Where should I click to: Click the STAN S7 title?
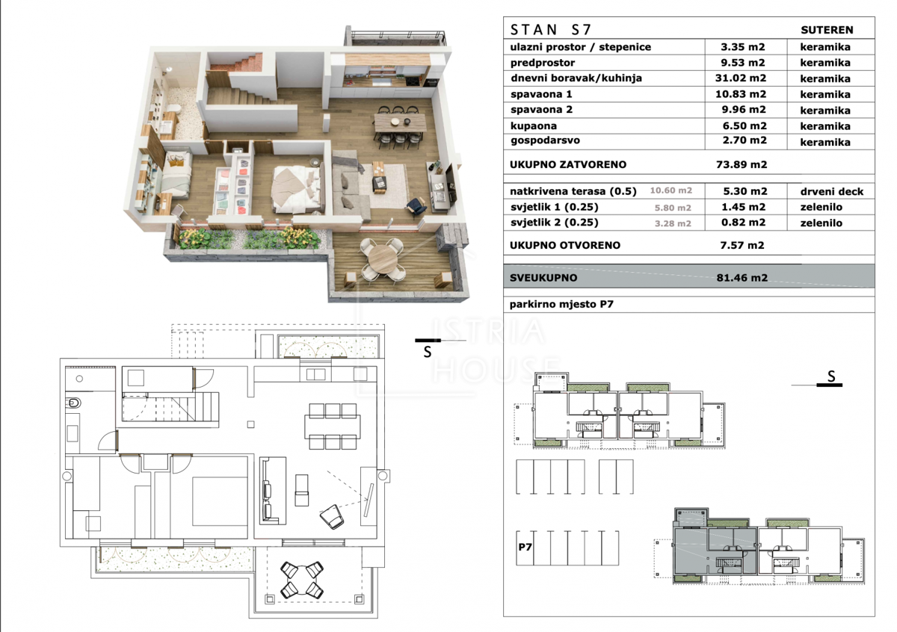click(x=550, y=30)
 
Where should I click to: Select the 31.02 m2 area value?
click(x=741, y=78)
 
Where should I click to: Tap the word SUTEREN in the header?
click(x=827, y=30)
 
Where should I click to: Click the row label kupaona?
click(x=534, y=126)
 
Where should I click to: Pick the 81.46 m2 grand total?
click(x=742, y=277)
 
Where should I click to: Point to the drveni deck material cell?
click(x=832, y=192)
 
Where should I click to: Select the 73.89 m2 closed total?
click(x=742, y=164)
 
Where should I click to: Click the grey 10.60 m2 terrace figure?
click(x=671, y=190)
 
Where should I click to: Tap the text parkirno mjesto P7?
click(x=561, y=304)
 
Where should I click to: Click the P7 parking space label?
click(x=525, y=547)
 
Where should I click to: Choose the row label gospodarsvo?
click(x=545, y=140)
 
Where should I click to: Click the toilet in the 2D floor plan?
click(x=74, y=403)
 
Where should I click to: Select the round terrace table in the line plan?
click(x=302, y=580)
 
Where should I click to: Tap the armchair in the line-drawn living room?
click(x=332, y=517)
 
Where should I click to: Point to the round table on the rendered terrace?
click(x=383, y=259)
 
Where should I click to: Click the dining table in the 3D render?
click(x=399, y=122)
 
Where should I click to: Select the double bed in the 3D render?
click(x=298, y=189)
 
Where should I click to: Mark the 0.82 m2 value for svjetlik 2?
click(x=743, y=223)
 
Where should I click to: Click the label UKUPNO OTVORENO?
click(x=565, y=245)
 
